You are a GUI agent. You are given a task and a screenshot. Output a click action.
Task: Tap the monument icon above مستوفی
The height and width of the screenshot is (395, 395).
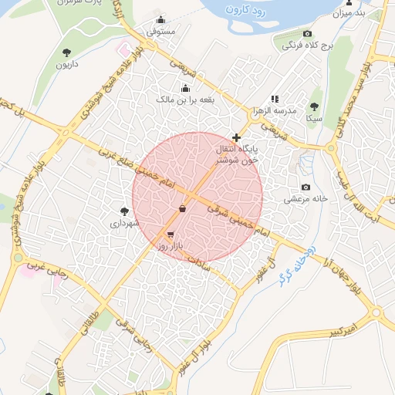(x=160, y=20)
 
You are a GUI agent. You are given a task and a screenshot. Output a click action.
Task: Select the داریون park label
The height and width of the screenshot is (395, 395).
(x=67, y=64)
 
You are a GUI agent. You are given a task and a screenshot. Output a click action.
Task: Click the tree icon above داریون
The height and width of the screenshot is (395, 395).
(x=67, y=52)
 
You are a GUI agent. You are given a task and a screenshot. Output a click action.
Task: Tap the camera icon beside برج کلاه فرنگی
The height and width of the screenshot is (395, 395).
(x=308, y=34)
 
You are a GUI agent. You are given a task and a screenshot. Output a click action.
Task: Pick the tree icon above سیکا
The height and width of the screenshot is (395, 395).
(x=314, y=107)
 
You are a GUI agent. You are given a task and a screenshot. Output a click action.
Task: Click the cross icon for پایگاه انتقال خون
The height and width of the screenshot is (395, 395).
(x=236, y=137)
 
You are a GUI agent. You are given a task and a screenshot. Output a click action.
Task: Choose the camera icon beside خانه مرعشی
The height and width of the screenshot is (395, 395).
(x=306, y=187)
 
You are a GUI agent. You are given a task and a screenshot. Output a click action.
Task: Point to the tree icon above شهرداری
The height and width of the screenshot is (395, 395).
(x=124, y=211)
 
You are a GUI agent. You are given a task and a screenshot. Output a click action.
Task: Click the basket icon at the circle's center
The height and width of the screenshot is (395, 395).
(x=182, y=208)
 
